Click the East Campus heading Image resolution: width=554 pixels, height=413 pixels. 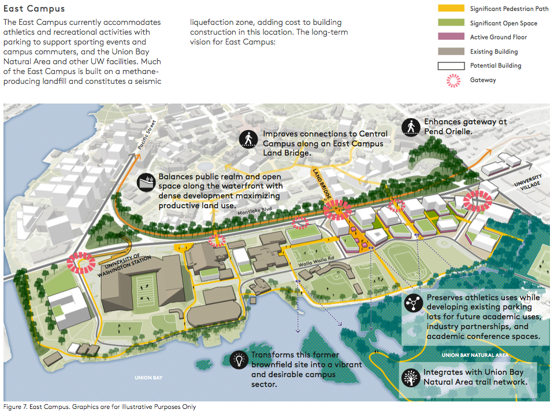(34, 9)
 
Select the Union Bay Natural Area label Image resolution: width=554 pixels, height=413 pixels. (474, 355)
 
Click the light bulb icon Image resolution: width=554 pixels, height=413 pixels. (237, 360)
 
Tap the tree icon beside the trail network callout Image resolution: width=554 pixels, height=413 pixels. (411, 377)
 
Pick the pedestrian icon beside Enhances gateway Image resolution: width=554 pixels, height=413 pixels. (411, 126)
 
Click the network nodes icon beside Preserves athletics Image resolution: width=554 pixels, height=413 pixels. (413, 303)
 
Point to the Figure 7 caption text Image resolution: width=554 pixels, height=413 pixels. (99, 407)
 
